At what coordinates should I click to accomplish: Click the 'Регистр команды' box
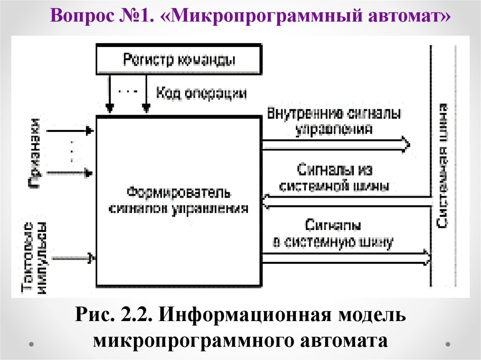[178, 60]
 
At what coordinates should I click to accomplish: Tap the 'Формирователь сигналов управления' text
[178, 201]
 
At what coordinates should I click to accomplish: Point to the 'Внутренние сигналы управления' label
[334, 121]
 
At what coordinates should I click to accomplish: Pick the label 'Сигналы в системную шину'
[333, 234]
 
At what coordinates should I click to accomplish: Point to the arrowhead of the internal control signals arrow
[405, 143]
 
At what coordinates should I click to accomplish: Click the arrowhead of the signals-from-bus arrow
[267, 201]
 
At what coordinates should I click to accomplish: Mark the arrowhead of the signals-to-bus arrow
[426, 257]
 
